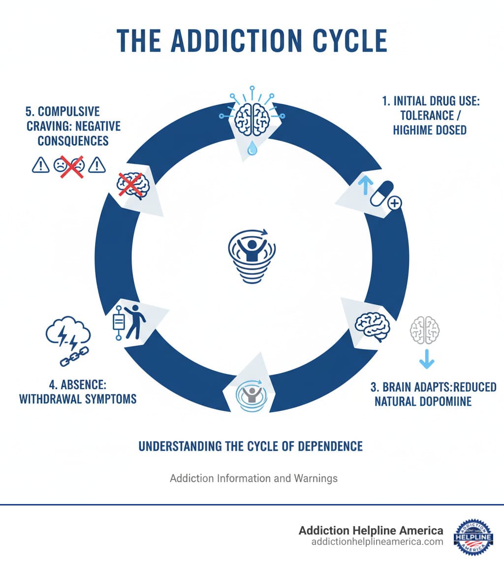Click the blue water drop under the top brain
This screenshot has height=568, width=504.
252,148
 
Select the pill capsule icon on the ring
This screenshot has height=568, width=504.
382,194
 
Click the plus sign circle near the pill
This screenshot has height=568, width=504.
395,202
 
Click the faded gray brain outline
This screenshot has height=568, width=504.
425,329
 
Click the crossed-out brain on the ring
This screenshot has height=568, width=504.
130,185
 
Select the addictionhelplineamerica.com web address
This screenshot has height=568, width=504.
377,541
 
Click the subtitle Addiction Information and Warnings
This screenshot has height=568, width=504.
253,478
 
